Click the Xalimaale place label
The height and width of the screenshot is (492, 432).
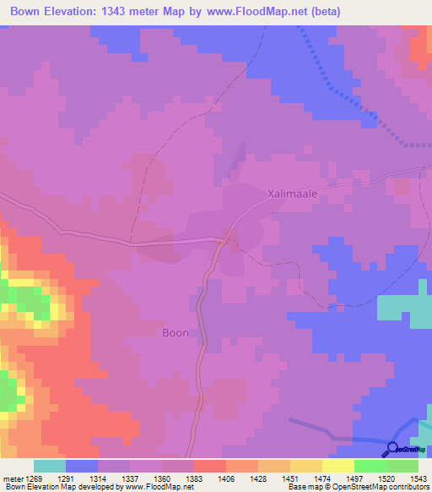coord(292,194)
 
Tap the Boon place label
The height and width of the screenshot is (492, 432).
coord(175,333)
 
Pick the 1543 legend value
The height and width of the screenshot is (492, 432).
coord(418,478)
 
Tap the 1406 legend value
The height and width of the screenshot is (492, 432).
coord(226,478)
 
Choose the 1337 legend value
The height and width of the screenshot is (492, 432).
coord(131,478)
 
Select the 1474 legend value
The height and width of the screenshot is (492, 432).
coord(322,478)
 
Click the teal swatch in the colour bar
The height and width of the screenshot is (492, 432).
coord(50,466)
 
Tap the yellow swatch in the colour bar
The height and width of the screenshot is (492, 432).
coord(337,466)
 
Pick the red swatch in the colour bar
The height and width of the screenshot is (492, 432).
coord(210,466)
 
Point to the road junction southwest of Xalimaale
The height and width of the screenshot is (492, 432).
coord(224,241)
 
